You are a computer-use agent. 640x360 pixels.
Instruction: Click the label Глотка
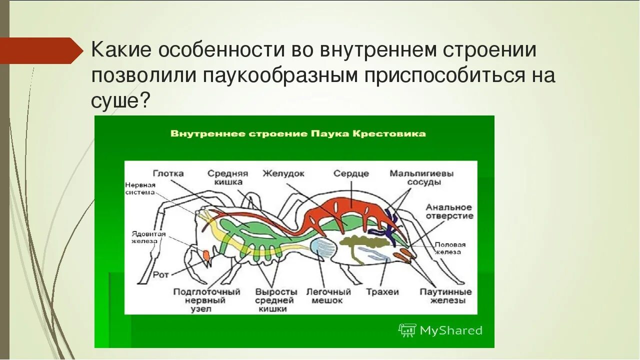coord(168,173)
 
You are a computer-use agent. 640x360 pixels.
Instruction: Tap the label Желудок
coord(283,173)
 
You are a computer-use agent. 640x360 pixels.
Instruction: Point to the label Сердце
coord(351,173)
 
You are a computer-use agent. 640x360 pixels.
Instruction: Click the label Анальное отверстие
coord(449,211)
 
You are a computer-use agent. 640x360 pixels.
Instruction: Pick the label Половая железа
coord(449,248)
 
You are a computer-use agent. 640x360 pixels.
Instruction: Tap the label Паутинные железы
coord(445,296)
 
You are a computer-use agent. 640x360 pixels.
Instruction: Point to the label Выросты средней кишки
coord(276,300)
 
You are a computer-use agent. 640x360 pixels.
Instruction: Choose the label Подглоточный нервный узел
coord(206,300)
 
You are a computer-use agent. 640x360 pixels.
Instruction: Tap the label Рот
coord(160,274)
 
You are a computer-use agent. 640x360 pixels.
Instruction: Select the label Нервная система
coord(140,188)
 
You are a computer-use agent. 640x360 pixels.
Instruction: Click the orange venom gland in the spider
coord(205,255)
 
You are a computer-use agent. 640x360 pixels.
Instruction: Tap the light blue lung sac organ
coord(321,248)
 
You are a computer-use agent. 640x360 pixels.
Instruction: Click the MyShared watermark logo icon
coord(407,330)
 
